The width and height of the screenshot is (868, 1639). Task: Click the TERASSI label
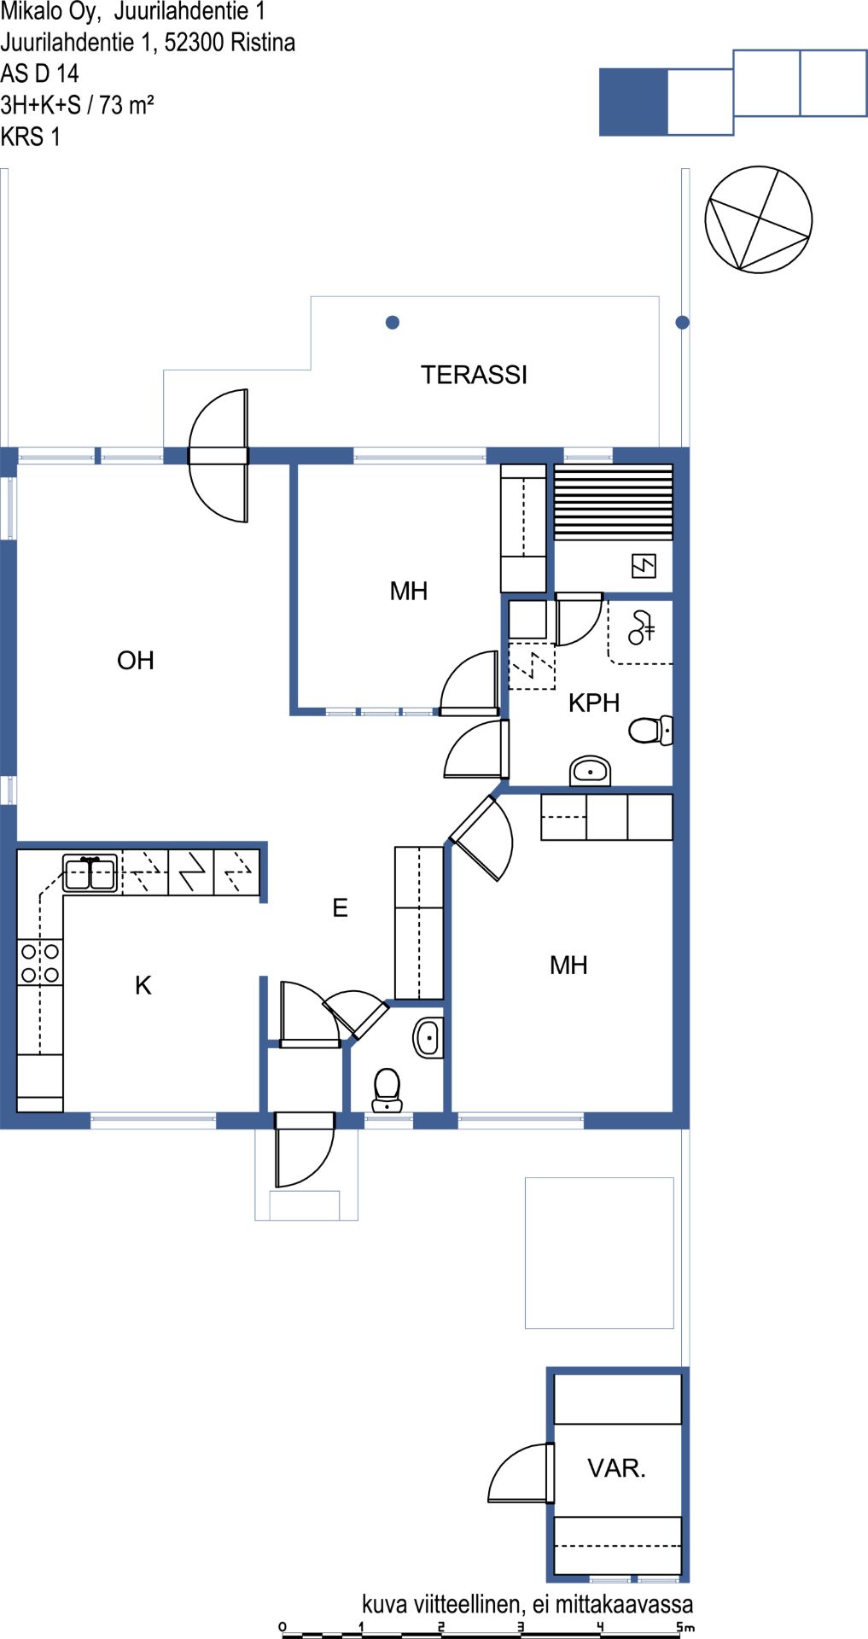click(474, 375)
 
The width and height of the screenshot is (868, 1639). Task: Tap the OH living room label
click(136, 660)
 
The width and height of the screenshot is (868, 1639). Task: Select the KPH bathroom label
click(594, 703)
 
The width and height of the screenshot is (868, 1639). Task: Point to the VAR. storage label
click(616, 1468)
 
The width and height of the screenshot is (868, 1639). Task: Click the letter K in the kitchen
click(143, 985)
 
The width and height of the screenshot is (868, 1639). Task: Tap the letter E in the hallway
click(340, 907)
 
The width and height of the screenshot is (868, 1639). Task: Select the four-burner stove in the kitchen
click(40, 962)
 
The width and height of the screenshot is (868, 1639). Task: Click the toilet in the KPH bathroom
click(651, 730)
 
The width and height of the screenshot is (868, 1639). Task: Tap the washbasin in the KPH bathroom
click(591, 771)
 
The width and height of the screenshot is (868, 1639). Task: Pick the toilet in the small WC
click(387, 1090)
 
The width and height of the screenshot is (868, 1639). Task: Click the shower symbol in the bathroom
click(640, 627)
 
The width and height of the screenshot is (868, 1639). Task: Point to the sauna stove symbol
click(644, 565)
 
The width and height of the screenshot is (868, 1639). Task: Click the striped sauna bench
click(614, 502)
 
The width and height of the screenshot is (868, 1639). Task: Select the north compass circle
click(759, 219)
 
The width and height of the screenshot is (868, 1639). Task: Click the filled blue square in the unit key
click(633, 102)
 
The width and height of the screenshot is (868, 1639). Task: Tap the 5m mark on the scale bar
click(685, 1627)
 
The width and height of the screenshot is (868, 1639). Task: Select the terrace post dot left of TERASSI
click(393, 322)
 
